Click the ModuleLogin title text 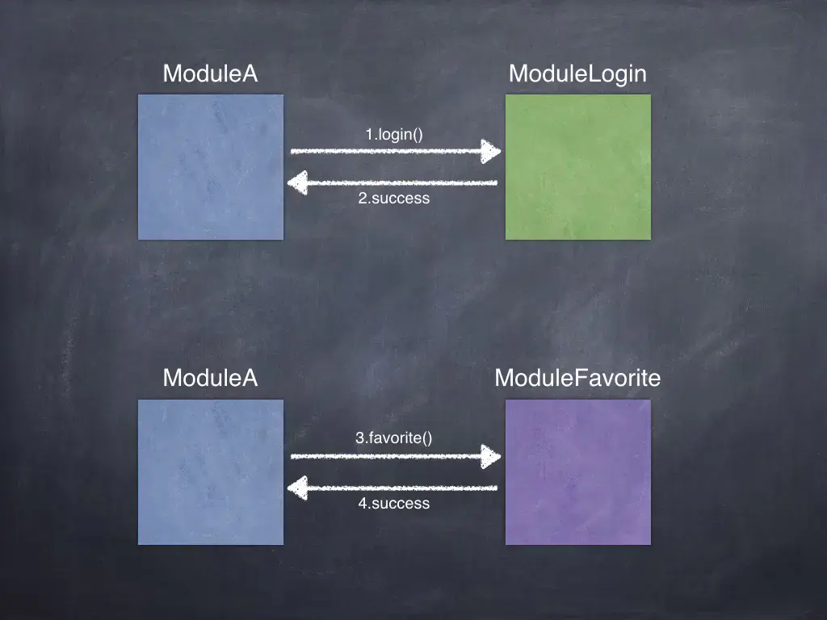pyautogui.click(x=577, y=74)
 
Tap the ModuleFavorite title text pyautogui.click(x=577, y=378)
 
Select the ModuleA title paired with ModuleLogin pyautogui.click(x=210, y=74)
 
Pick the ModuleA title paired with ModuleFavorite pyautogui.click(x=210, y=378)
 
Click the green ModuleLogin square pyautogui.click(x=578, y=167)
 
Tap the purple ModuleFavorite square pyautogui.click(x=578, y=472)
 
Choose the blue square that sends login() pyautogui.click(x=211, y=167)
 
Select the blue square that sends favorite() pyautogui.click(x=211, y=472)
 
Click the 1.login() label pyautogui.click(x=394, y=134)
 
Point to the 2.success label pyautogui.click(x=394, y=198)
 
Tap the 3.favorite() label pyautogui.click(x=394, y=438)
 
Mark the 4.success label pyautogui.click(x=394, y=503)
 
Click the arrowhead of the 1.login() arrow pyautogui.click(x=491, y=151)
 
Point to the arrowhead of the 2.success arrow pyautogui.click(x=298, y=183)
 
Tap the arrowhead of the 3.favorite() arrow pyautogui.click(x=491, y=456)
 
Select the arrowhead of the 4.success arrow pyautogui.click(x=298, y=488)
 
